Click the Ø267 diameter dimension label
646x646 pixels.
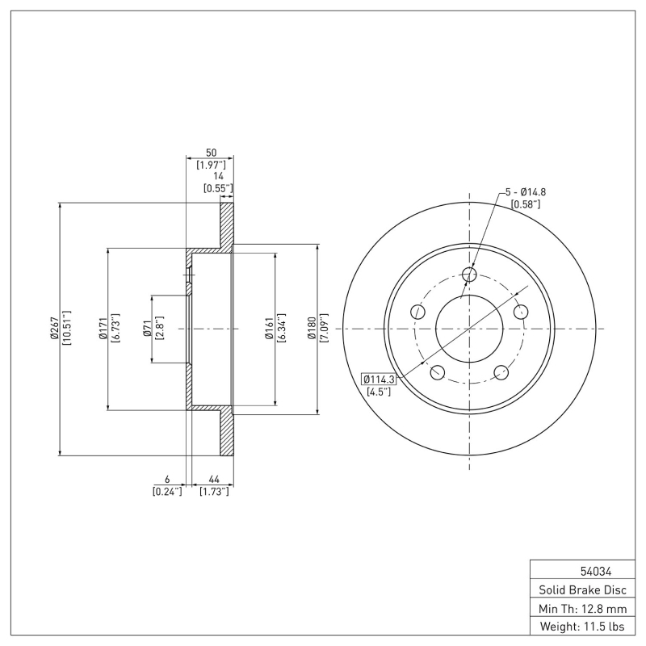pos(53,329)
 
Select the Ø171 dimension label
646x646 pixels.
pos(103,329)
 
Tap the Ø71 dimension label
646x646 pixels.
pos(146,329)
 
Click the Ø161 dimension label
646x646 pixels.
pos(270,329)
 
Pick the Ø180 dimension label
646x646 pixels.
pos(312,329)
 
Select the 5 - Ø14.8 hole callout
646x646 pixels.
pos(526,191)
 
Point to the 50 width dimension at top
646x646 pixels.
pos(211,152)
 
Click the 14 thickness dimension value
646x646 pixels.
pos(217,176)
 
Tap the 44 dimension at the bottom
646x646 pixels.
pos(215,479)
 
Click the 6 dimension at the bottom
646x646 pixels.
pos(166,479)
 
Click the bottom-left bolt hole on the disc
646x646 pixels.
pos(438,371)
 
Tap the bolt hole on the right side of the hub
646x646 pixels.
pos(521,311)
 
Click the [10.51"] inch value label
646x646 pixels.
pos(66,329)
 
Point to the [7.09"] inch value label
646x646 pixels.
pos(324,329)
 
